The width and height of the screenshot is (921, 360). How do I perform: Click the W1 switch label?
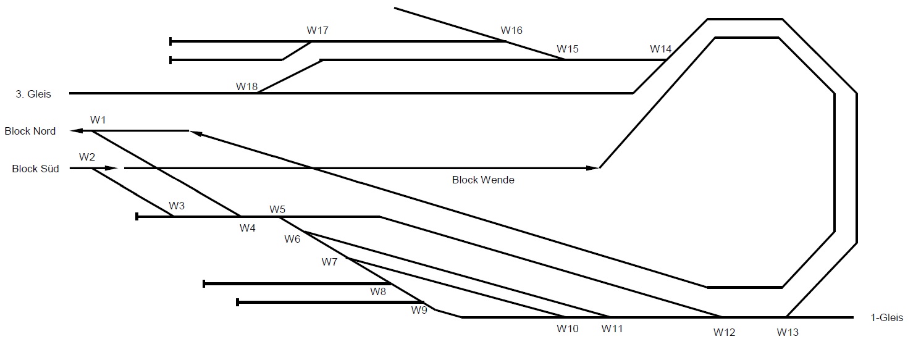click(98, 120)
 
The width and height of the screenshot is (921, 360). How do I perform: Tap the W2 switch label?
click(87, 157)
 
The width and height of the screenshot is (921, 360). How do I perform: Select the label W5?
click(277, 209)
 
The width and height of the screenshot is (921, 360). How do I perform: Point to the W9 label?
click(419, 310)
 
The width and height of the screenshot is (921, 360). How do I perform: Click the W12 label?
click(724, 332)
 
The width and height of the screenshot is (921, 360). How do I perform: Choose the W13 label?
click(788, 332)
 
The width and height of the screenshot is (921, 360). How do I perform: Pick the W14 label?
click(660, 49)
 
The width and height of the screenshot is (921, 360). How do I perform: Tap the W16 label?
click(511, 30)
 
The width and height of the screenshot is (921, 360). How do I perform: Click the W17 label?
click(318, 30)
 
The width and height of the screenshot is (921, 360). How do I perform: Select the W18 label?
click(246, 86)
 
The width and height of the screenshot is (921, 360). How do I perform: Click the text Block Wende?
click(483, 180)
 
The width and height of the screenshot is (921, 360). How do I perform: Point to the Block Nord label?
click(30, 131)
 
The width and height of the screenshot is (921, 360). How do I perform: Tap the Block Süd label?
click(35, 169)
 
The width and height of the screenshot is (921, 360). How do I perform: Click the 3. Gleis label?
click(33, 94)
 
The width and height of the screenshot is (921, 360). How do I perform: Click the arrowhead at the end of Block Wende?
click(594, 168)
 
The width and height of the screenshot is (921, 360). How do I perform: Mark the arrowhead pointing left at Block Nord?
click(77, 131)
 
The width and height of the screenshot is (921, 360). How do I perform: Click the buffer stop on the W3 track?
click(137, 217)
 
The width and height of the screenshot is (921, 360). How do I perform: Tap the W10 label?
click(568, 329)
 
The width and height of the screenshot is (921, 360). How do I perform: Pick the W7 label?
click(329, 262)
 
